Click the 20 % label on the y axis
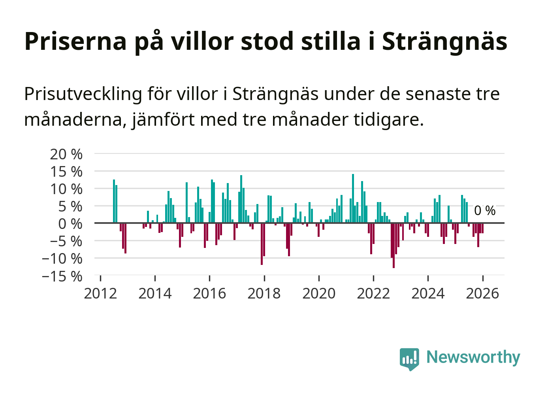click(x=66, y=154)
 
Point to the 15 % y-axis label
click(x=66, y=172)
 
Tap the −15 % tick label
click(x=62, y=276)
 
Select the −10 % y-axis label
click(x=62, y=259)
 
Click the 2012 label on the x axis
click(x=100, y=294)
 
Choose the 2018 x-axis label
click(x=264, y=294)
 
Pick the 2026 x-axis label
click(x=482, y=294)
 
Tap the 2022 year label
click(x=373, y=294)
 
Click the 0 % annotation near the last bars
click(x=485, y=211)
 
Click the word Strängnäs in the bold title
click(x=444, y=41)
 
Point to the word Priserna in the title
click(x=75, y=41)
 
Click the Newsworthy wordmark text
click(x=473, y=357)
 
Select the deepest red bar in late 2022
click(x=393, y=246)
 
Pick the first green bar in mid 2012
click(x=114, y=201)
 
